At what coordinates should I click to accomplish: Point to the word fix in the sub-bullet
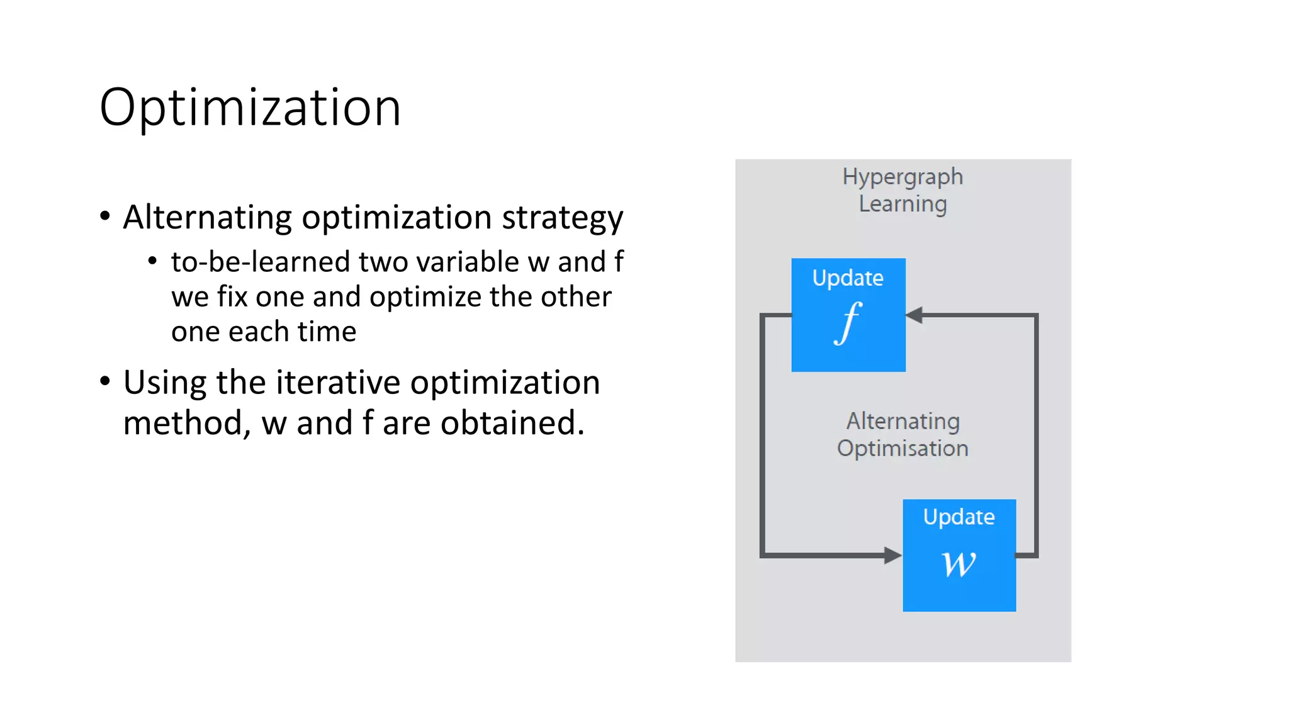[232, 296]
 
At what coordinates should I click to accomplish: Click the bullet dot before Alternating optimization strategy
[105, 216]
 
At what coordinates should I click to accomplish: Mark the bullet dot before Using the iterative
[105, 381]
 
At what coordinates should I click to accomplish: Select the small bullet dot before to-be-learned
[152, 261]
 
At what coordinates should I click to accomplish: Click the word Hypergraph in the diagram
[902, 177]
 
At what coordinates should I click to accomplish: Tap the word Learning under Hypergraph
[902, 205]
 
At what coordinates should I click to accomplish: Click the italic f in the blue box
[848, 323]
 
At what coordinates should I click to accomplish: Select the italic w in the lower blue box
[959, 563]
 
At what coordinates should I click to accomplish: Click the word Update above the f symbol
[847, 278]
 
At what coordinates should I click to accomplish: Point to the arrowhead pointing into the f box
[915, 315]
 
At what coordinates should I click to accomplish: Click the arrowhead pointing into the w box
[892, 555]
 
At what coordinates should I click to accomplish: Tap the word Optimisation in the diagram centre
[902, 449]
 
